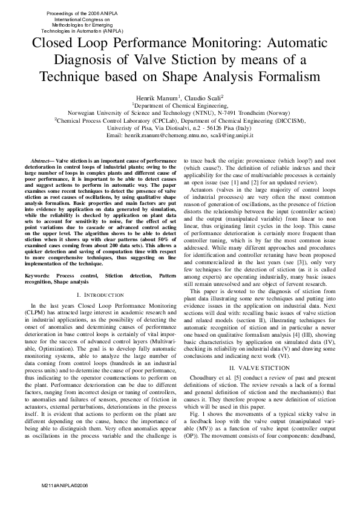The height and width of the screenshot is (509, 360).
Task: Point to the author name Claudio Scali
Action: tap(203, 97)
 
